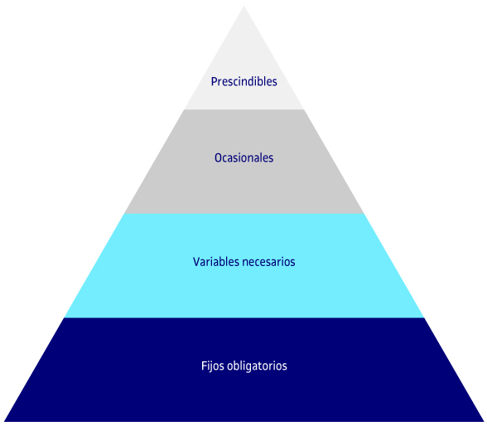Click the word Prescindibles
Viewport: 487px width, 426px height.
point(243,81)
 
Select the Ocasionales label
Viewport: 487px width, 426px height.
point(243,157)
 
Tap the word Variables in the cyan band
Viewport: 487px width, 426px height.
point(216,262)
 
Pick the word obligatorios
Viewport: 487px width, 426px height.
point(257,365)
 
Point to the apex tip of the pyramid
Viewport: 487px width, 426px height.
point(243,6)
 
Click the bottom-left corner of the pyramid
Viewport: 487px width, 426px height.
point(4,421)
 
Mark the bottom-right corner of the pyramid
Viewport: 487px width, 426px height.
point(484,421)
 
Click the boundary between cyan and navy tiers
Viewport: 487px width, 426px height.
point(243,317)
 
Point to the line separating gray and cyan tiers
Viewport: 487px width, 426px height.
point(243,214)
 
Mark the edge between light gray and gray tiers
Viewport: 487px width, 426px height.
point(243,109)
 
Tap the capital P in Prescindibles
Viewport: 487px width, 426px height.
point(214,81)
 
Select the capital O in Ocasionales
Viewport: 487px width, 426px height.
point(218,157)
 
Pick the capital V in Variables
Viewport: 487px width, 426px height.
point(196,262)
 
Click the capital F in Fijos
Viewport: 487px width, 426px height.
point(204,365)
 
